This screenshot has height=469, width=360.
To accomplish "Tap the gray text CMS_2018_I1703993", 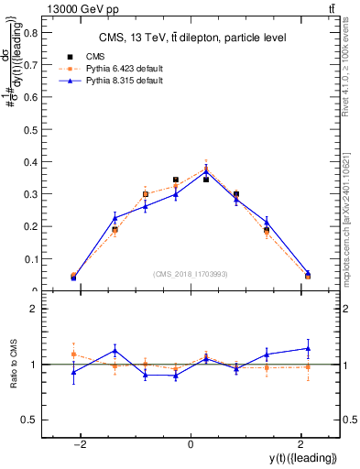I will (x=191, y=274).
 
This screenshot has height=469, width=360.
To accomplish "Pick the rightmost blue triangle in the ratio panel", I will (x=308, y=348).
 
